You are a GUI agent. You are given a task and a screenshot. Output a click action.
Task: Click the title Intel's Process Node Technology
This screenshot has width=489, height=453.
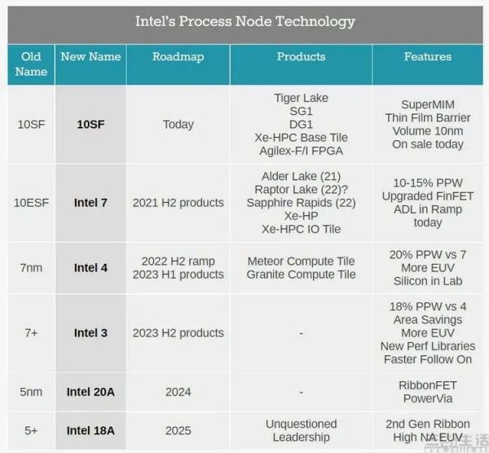244,21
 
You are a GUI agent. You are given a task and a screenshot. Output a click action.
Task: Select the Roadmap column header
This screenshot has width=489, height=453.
178,57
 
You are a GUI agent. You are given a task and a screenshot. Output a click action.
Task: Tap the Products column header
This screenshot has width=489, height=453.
301,57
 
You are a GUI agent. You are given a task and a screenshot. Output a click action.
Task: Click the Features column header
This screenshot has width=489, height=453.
427,57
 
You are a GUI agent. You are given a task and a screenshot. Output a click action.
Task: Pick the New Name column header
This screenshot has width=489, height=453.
90,57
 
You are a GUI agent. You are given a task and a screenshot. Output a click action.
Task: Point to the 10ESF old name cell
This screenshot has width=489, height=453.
31,203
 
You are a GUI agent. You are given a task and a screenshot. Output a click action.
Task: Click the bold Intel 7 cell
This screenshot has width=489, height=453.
90,203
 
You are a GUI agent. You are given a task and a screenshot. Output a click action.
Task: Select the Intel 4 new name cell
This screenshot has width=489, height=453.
90,268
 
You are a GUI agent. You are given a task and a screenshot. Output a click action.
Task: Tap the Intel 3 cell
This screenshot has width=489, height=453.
90,333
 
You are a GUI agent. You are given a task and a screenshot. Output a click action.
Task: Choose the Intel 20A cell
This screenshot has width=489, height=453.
90,392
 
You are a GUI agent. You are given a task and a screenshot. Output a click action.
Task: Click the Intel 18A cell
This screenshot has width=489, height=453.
90,431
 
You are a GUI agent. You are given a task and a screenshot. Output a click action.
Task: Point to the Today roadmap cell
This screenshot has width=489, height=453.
178,125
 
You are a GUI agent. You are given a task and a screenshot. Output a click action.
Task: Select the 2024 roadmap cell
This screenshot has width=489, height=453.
178,392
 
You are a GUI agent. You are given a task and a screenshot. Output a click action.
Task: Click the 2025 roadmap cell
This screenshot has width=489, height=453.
178,431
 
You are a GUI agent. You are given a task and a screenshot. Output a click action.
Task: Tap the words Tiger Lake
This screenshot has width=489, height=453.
301,99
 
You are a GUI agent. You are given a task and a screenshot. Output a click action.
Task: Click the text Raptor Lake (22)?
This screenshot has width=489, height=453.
301,190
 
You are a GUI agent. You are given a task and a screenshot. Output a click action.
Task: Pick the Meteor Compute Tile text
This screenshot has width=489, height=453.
301,262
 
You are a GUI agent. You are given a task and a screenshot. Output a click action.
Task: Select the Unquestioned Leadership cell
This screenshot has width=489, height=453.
301,431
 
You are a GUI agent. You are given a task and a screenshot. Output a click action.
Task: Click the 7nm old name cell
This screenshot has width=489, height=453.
31,268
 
